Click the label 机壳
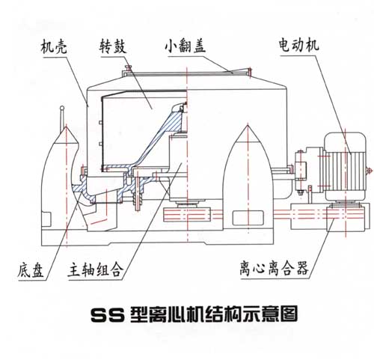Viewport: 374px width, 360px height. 54,46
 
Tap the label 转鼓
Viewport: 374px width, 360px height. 113,46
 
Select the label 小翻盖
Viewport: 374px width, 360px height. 185,46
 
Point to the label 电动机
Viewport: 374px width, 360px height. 298,45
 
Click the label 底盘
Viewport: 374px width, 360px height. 31,270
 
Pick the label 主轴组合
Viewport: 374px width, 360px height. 96,269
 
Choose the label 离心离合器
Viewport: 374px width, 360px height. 275,268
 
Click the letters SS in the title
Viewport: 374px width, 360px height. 108,315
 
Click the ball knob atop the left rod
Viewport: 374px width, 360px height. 62,109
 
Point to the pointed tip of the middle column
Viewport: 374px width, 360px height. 248,126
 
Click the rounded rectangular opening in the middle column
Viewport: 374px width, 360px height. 248,218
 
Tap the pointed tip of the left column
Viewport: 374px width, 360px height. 66,127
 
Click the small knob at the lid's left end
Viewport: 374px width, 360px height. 129,67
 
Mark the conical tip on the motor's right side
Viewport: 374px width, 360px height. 370,171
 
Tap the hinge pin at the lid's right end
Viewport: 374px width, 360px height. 249,71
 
